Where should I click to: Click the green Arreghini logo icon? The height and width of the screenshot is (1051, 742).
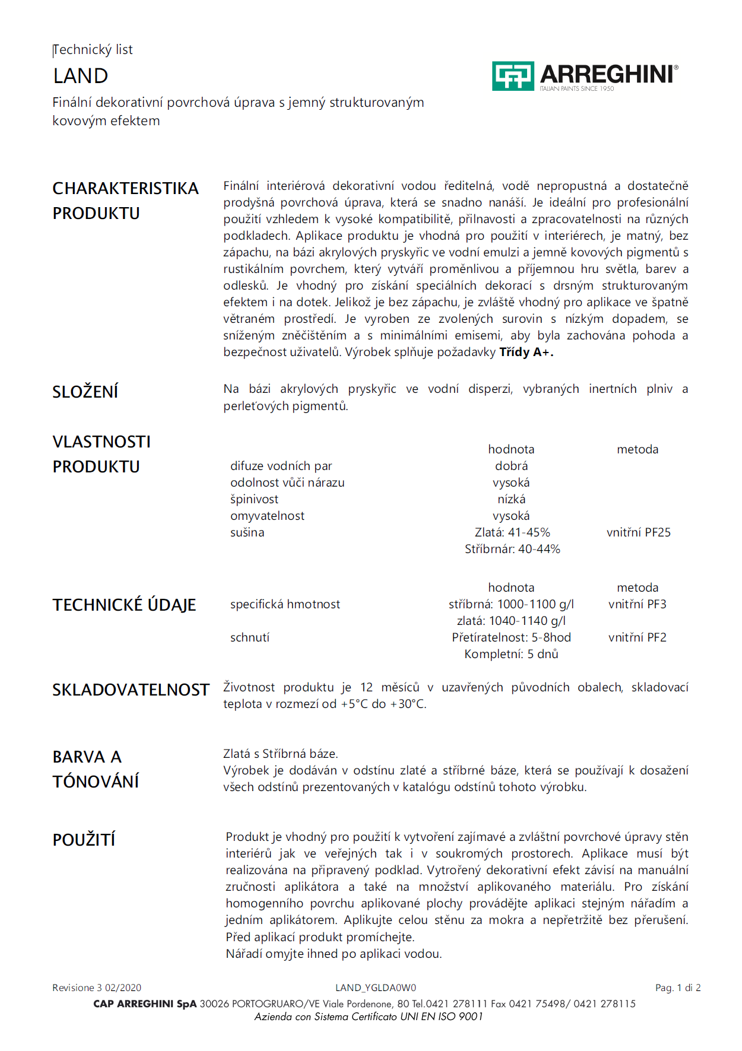click(x=513, y=76)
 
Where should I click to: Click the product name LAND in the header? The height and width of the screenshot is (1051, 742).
click(x=81, y=76)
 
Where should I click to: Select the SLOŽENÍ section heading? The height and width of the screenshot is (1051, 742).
click(x=85, y=392)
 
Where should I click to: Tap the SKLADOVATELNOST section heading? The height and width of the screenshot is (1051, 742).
click(x=131, y=690)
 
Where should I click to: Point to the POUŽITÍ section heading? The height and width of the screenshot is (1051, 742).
click(x=84, y=840)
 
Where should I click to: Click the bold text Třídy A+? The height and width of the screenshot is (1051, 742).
click(x=526, y=352)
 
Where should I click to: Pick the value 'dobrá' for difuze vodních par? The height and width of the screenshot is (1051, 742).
click(x=511, y=466)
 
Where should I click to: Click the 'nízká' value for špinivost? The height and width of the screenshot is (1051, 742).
click(x=511, y=499)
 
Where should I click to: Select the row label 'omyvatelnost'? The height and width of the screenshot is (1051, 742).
click(x=267, y=516)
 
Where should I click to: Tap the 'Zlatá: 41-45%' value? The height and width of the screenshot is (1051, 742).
click(x=512, y=532)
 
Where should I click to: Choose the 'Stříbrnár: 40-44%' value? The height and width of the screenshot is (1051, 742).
click(x=512, y=549)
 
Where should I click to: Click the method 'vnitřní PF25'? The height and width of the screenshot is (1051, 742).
click(x=638, y=532)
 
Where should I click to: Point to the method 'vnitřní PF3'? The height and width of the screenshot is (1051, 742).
click(x=637, y=604)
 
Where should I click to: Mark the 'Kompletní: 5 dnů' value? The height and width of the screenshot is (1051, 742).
click(x=511, y=654)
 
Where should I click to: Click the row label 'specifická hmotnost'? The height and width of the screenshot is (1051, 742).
click(x=285, y=604)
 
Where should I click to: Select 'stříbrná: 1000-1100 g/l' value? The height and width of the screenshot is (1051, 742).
click(x=511, y=604)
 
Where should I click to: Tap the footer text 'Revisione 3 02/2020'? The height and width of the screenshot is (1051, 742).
click(x=97, y=988)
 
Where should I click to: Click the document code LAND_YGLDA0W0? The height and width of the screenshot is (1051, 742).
click(x=376, y=988)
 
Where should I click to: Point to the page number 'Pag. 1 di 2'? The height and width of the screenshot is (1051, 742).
click(x=678, y=988)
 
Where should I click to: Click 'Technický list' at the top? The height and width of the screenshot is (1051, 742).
click(x=93, y=50)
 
